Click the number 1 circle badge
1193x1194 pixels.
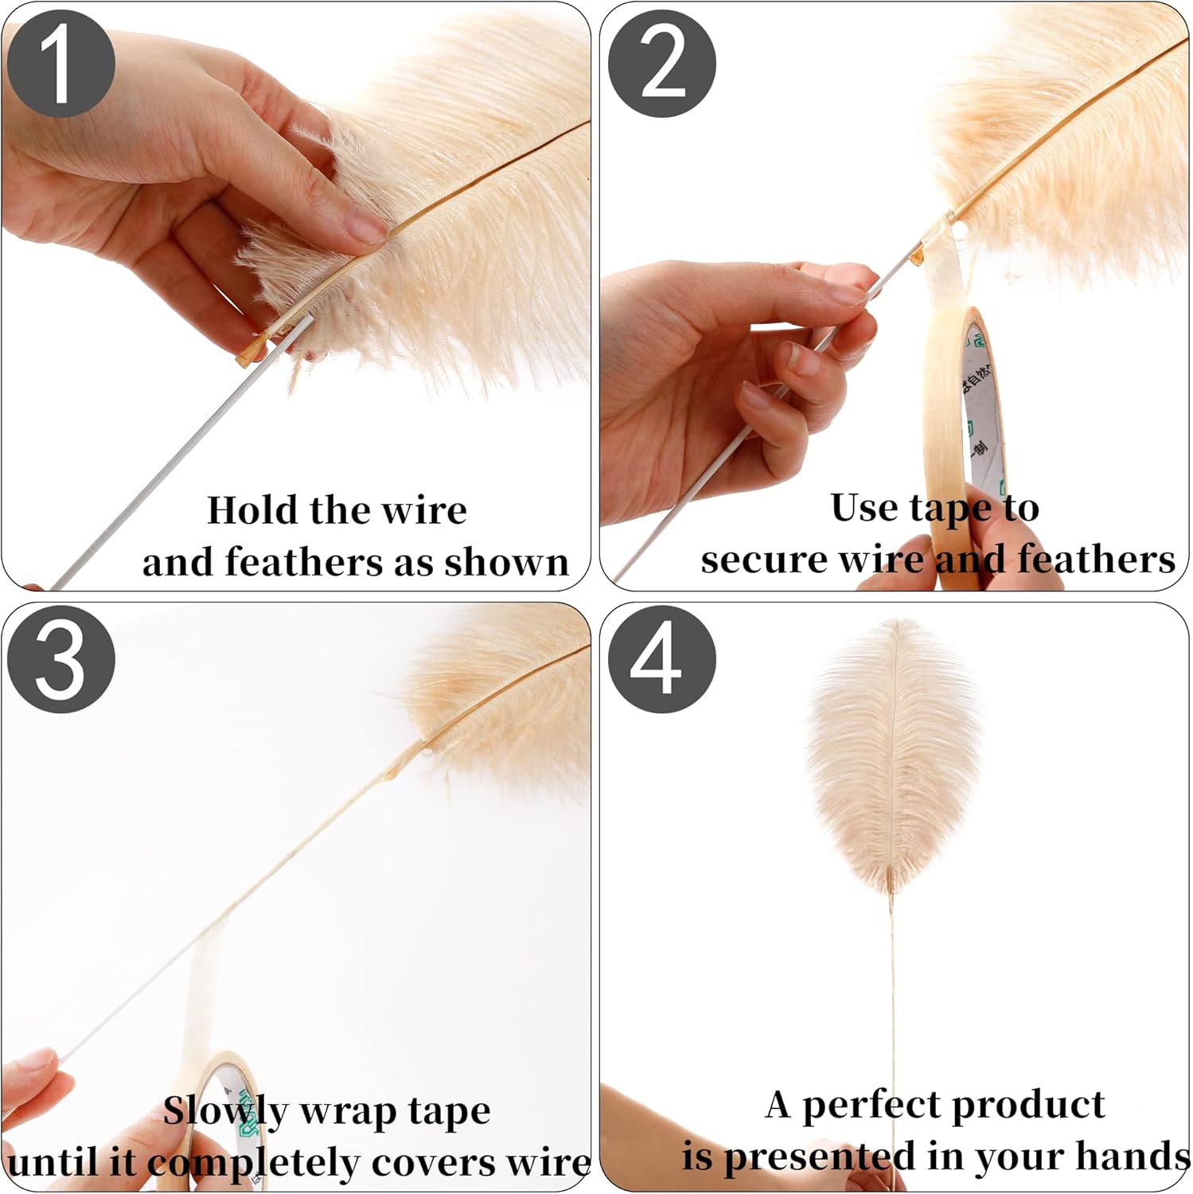pyautogui.click(x=61, y=64)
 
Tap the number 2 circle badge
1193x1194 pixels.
pyautogui.click(x=662, y=64)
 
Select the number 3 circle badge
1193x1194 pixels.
pyautogui.click(x=61, y=658)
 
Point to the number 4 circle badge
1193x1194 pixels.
pyautogui.click(x=662, y=658)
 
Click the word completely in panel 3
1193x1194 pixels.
pyautogui.click(x=253, y=1164)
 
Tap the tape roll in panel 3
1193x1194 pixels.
pyautogui.click(x=231, y=1114)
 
